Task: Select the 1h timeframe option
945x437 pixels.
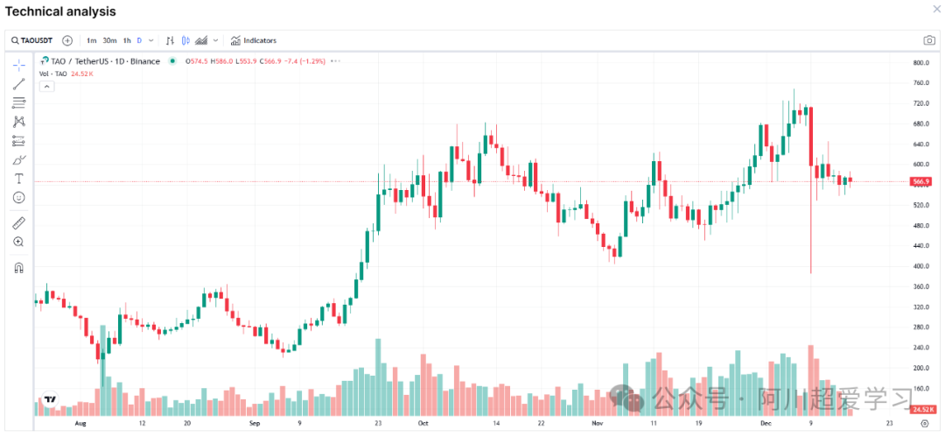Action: click(127, 40)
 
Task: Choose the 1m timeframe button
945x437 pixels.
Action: click(91, 40)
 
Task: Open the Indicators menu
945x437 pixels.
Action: click(254, 40)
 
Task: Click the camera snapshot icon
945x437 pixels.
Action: click(929, 40)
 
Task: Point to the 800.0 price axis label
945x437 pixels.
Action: click(920, 63)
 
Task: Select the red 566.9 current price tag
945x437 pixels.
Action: click(920, 182)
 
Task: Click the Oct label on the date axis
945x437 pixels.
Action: click(423, 422)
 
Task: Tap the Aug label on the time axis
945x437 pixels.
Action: click(81, 422)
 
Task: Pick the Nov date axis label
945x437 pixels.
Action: click(597, 422)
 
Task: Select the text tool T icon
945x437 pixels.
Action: click(19, 179)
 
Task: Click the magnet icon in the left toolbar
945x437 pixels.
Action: click(19, 268)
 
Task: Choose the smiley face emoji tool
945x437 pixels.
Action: click(19, 198)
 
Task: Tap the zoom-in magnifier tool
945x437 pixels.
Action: click(19, 242)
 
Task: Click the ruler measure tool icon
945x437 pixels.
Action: click(19, 222)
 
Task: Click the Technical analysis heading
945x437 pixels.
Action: click(60, 11)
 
